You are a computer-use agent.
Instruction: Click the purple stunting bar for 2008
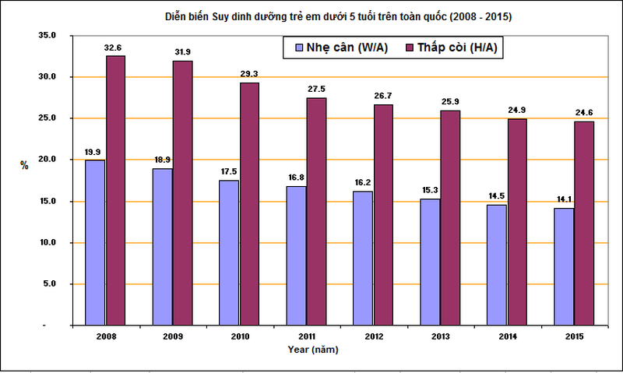click(115, 190)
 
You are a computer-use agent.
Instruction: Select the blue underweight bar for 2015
click(564, 266)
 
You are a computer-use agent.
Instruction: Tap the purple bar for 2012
click(383, 214)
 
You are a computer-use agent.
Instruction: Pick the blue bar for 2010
click(229, 252)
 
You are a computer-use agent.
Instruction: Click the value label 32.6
click(115, 48)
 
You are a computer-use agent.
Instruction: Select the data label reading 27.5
click(316, 90)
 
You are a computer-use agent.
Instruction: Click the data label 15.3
click(430, 191)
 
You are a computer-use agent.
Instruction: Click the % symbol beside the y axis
click(24, 165)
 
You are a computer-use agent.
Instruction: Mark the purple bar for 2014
click(517, 221)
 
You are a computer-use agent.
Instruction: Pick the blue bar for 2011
click(296, 255)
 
